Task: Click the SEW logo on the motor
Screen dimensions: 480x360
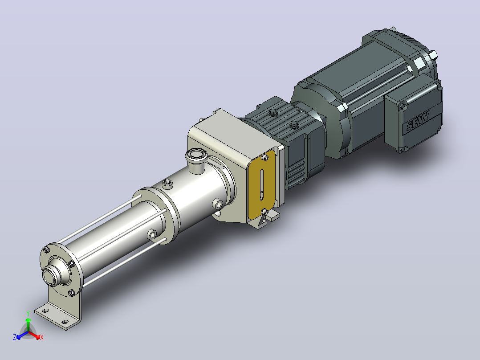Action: click(418, 121)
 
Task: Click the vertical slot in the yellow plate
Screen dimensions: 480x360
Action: click(261, 184)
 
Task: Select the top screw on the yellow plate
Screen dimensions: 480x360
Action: click(265, 158)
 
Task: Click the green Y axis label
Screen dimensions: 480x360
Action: click(28, 313)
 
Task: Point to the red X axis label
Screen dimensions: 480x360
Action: click(42, 338)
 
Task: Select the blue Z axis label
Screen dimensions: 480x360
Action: click(14, 337)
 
